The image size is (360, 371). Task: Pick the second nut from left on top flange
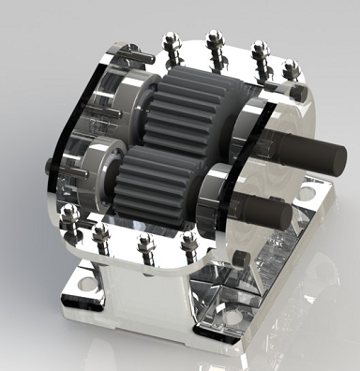click(211, 39)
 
